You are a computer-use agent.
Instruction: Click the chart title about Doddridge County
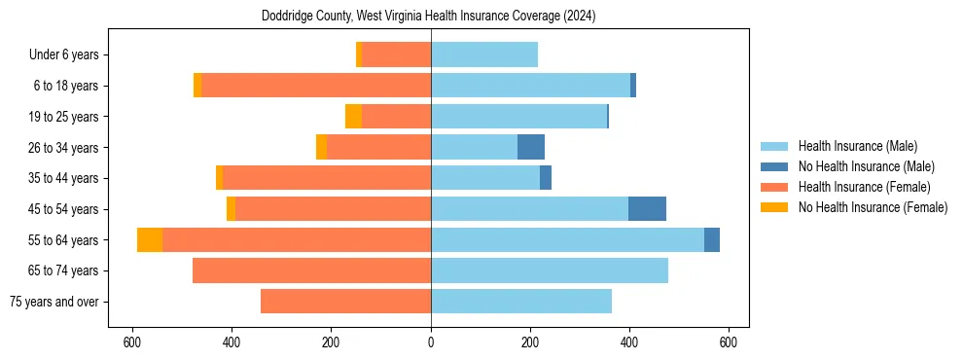pyautogui.click(x=428, y=17)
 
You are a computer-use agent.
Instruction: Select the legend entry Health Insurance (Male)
pyautogui.click(x=857, y=146)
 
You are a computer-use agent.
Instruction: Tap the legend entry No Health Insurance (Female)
pyautogui.click(x=873, y=207)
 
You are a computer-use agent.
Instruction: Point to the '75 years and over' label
pyautogui.click(x=55, y=302)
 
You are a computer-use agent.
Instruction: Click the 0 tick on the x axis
pyautogui.click(x=431, y=342)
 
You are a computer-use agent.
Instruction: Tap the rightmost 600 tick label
pyautogui.click(x=729, y=342)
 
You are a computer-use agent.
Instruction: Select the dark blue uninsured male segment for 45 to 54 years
pyautogui.click(x=647, y=209)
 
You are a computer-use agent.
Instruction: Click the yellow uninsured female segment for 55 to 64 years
pyautogui.click(x=150, y=240)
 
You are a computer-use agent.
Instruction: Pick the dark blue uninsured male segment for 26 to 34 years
pyautogui.click(x=531, y=148)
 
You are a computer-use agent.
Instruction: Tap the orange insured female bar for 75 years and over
pyautogui.click(x=345, y=302)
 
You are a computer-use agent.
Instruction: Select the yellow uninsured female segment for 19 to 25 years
pyautogui.click(x=353, y=117)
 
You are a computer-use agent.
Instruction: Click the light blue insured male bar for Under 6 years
pyautogui.click(x=484, y=55)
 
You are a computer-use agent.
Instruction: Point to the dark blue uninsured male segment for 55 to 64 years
pyautogui.click(x=712, y=240)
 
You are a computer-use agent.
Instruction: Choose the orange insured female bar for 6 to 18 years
pyautogui.click(x=316, y=86)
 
